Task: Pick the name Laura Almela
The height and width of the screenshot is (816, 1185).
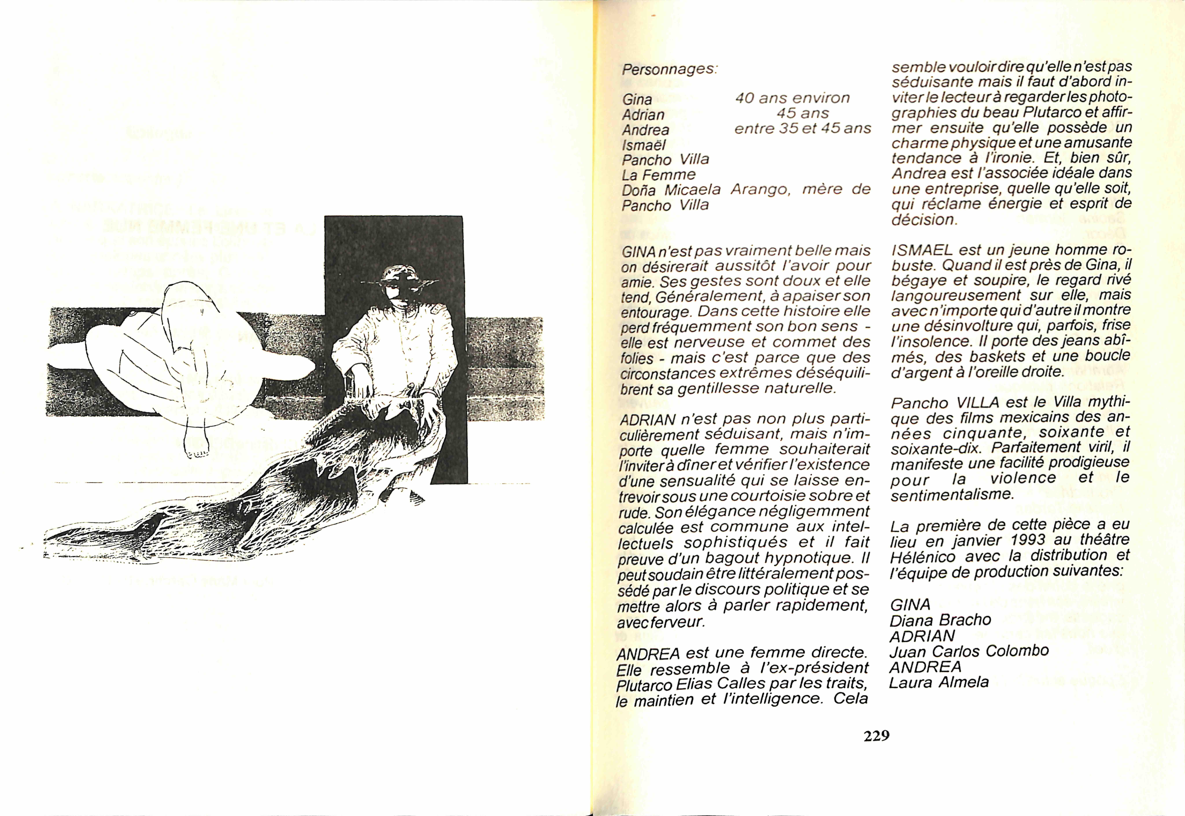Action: tap(939, 682)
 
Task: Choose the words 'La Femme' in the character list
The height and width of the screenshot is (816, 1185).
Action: tap(659, 175)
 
